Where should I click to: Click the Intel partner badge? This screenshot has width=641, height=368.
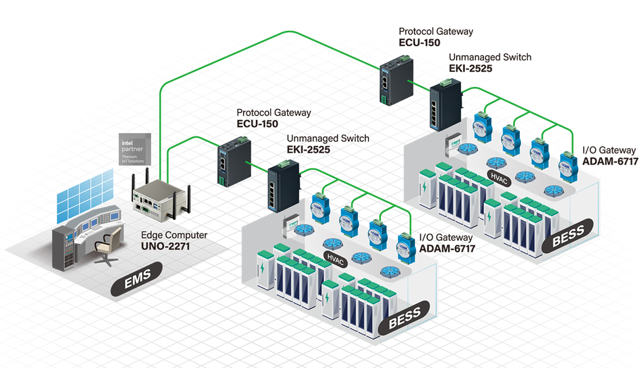pyautogui.click(x=135, y=149)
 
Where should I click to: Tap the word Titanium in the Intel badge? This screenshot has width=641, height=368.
pyautogui.click(x=129, y=157)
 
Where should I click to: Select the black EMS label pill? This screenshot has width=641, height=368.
pyautogui.click(x=137, y=279)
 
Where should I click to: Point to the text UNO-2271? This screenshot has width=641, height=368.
pyautogui.click(x=165, y=246)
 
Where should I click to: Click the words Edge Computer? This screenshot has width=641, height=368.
pyautogui.click(x=174, y=235)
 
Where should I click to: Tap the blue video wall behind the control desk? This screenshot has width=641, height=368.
pyautogui.click(x=85, y=195)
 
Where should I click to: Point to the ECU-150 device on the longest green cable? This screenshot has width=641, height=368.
pyautogui.click(x=396, y=81)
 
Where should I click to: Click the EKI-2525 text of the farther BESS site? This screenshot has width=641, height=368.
pyautogui.click(x=470, y=68)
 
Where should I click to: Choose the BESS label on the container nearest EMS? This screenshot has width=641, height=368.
pyautogui.click(x=404, y=318)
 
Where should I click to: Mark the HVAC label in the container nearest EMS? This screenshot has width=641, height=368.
pyautogui.click(x=335, y=259)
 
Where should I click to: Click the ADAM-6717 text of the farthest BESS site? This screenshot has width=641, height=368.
pyautogui.click(x=610, y=161)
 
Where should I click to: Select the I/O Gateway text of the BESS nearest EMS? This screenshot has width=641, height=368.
pyautogui.click(x=446, y=237)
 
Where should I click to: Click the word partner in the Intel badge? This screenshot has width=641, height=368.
pyautogui.click(x=132, y=149)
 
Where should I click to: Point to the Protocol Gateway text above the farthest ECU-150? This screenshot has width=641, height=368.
pyautogui.click(x=436, y=31)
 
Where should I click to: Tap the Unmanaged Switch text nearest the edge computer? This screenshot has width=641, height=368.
pyautogui.click(x=328, y=138)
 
